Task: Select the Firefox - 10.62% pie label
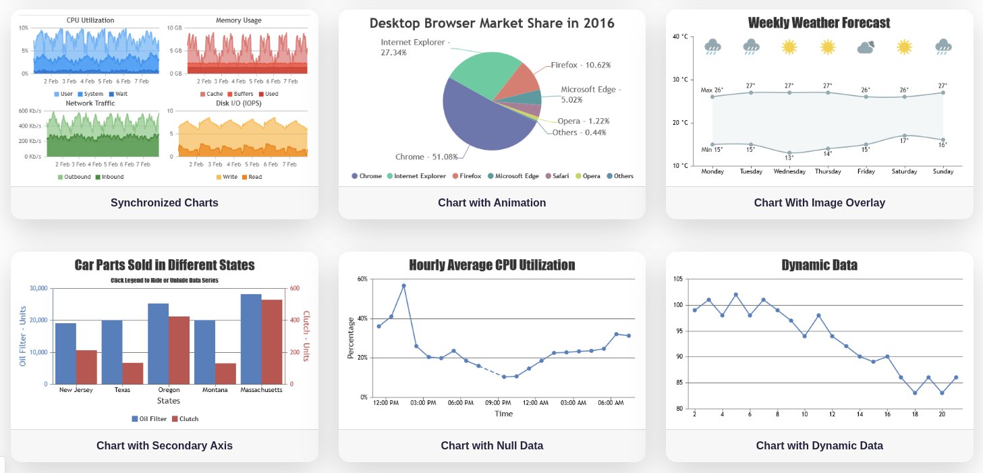pyautogui.click(x=580, y=65)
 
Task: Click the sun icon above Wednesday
pyautogui.click(x=789, y=47)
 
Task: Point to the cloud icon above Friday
pyautogui.click(x=866, y=47)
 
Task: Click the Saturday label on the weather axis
pyautogui.click(x=904, y=171)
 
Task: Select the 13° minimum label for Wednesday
pyautogui.click(x=789, y=158)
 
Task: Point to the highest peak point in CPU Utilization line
pyautogui.click(x=403, y=285)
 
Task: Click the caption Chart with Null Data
pyautogui.click(x=492, y=445)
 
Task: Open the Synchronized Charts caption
pyautogui.click(x=164, y=202)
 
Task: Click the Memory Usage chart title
pyautogui.click(x=238, y=20)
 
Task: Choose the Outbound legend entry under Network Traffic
pyautogui.click(x=73, y=177)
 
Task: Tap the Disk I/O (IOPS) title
pyautogui.click(x=238, y=103)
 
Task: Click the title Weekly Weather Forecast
pyautogui.click(x=819, y=23)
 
